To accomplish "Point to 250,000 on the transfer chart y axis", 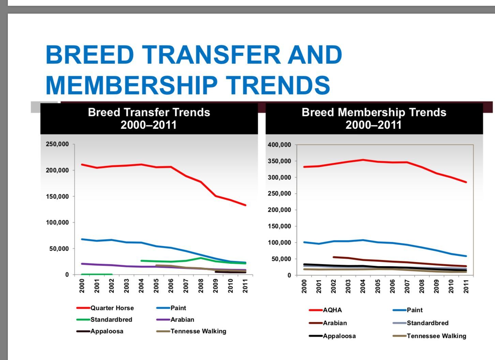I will click(x=57, y=144).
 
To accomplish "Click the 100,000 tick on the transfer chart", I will click(x=57, y=223).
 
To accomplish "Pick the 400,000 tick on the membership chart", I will click(x=280, y=145).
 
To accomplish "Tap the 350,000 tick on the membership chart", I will click(x=280, y=161).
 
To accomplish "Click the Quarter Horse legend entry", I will click(x=112, y=308).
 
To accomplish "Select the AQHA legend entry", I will click(x=332, y=310).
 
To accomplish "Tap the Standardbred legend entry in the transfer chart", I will click(x=111, y=320).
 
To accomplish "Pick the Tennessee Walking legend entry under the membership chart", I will click(x=436, y=336).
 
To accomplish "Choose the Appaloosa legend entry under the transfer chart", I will click(x=106, y=331).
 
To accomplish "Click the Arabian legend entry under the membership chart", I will click(x=334, y=323).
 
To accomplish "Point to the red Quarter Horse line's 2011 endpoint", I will click(x=245, y=205).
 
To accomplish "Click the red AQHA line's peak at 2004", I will click(x=363, y=160).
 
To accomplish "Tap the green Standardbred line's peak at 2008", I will click(x=201, y=258).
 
